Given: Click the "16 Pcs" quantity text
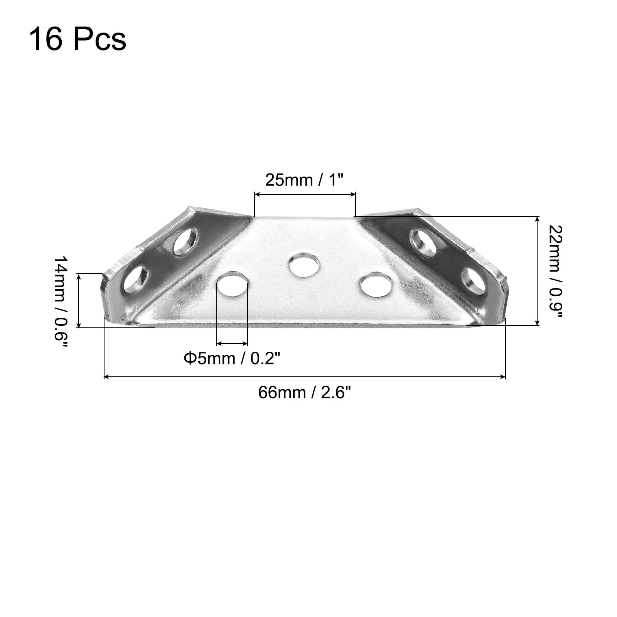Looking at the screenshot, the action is coord(78,39).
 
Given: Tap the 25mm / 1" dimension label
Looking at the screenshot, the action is coord(304,180).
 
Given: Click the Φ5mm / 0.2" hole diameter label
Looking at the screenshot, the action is coord(232,358).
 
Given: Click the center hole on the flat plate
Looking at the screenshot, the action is coord(305,265).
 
